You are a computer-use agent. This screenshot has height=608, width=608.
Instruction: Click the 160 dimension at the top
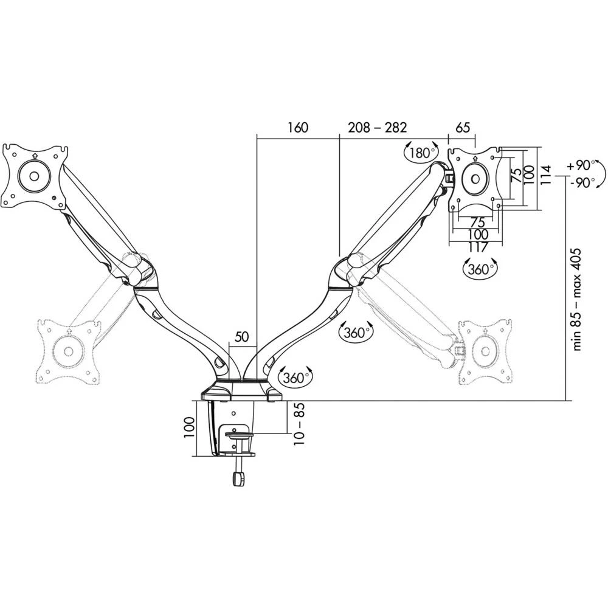pyautogui.click(x=298, y=128)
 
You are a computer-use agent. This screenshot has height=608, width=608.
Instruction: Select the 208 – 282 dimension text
pyautogui.click(x=377, y=128)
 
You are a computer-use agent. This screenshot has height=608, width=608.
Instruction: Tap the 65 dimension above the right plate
pyautogui.click(x=462, y=128)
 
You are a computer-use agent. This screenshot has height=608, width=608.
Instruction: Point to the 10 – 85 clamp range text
pyautogui.click(x=297, y=424)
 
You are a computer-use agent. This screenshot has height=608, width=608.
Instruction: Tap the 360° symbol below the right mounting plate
pyautogui.click(x=479, y=269)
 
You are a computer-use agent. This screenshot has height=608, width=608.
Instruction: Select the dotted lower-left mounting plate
pyautogui.click(x=67, y=351)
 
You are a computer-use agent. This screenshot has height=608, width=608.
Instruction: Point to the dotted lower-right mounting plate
pyautogui.click(x=486, y=350)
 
